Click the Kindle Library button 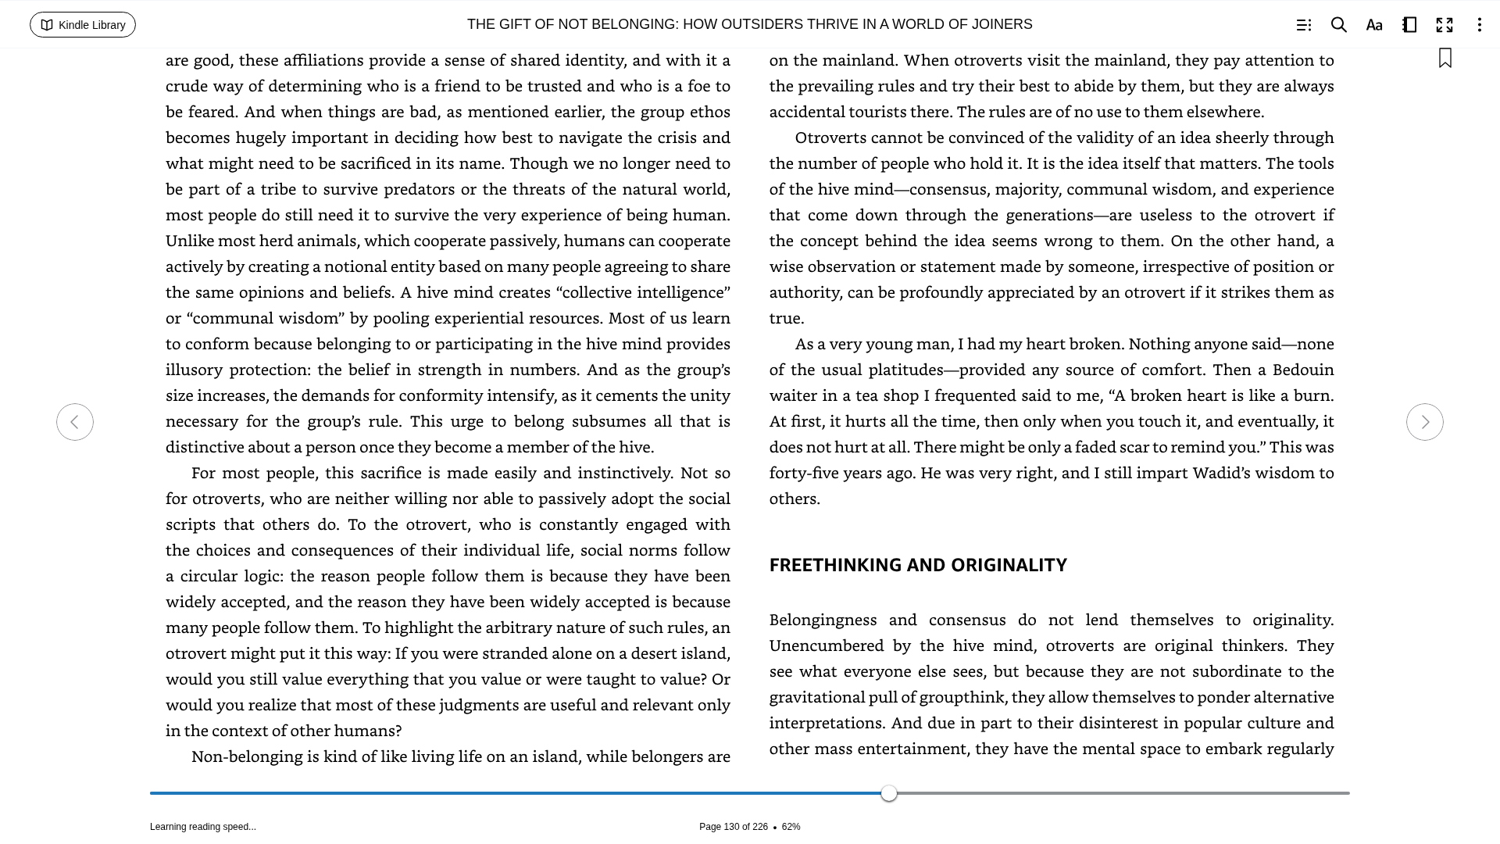(x=83, y=25)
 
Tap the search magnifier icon (x=1339, y=25)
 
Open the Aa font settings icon (x=1374, y=25)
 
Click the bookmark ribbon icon (x=1445, y=58)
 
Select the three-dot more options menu (x=1479, y=25)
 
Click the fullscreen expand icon (x=1445, y=25)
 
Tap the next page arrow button (x=1424, y=422)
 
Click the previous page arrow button (x=75, y=422)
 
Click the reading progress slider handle (x=889, y=793)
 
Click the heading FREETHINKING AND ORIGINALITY (x=918, y=565)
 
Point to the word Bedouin (x=1303, y=370)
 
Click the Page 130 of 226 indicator (x=733, y=827)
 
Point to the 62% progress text (x=791, y=827)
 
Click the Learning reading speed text (x=203, y=827)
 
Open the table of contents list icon (x=1303, y=25)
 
